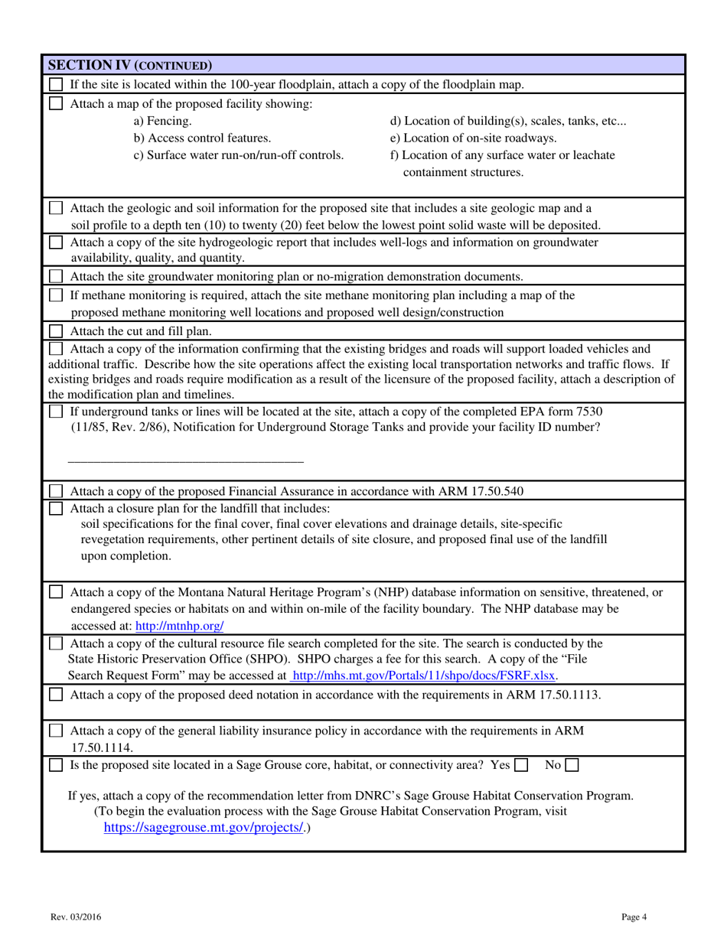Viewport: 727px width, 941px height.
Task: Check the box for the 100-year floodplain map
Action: (x=56, y=84)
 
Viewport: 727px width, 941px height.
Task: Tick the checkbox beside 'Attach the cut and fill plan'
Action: (x=56, y=331)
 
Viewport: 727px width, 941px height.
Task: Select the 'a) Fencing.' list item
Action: (x=162, y=121)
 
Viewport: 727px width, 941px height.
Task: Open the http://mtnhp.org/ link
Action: (x=179, y=626)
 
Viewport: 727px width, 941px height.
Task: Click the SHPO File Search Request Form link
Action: (x=425, y=676)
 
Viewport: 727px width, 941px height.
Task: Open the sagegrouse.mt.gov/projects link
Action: (x=204, y=828)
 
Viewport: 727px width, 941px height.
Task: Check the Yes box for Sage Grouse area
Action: (x=521, y=764)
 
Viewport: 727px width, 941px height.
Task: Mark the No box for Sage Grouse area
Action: (x=572, y=764)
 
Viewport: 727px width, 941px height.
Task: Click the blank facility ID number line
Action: (x=186, y=461)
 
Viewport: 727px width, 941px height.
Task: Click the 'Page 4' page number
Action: (x=634, y=916)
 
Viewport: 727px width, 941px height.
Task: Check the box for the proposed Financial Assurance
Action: (x=56, y=490)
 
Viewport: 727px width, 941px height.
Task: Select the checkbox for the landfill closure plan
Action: (x=56, y=508)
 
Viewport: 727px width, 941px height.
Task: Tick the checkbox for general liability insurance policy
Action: (x=56, y=731)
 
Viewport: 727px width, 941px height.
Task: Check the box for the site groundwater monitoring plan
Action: (x=56, y=276)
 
